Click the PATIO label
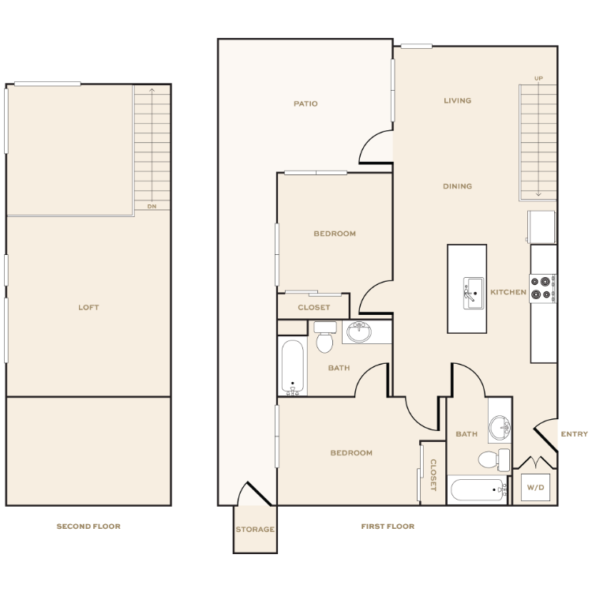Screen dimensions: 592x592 pos(305,103)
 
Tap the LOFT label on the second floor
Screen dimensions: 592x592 pos(88,307)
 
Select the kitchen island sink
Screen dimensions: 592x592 pos(474,294)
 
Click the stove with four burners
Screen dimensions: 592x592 pos(542,288)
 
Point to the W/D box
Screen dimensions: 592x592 pos(535,488)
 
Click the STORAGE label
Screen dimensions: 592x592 pos(255,530)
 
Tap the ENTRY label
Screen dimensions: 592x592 pos(575,434)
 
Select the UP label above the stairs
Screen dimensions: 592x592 pos(538,78)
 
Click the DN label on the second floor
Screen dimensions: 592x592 pos(152,206)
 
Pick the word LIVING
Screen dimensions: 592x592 pos(458,100)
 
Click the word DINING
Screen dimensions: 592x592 pos(458,186)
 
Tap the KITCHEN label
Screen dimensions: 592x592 pos(508,292)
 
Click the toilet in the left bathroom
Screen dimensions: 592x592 pos(324,337)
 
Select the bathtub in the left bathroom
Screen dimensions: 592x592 pos(293,367)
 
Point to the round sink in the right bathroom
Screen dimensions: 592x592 pos(500,427)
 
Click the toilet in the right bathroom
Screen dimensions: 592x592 pos(494,460)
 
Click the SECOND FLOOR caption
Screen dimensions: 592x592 pos(88,526)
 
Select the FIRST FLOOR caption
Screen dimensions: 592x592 pos(388,526)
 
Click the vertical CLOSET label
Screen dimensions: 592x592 pos(433,475)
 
